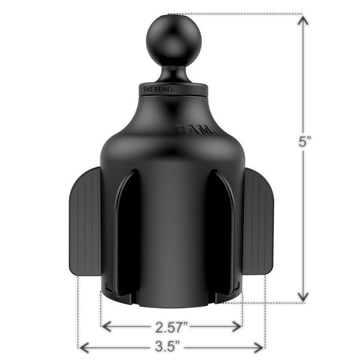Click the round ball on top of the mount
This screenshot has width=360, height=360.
tap(174, 40)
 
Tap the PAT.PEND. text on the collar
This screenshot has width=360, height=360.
tap(159, 90)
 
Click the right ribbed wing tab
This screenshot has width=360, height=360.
tap(258, 221)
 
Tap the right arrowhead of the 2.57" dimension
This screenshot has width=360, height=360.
tap(237, 327)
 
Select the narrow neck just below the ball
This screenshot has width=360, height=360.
tap(174, 76)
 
